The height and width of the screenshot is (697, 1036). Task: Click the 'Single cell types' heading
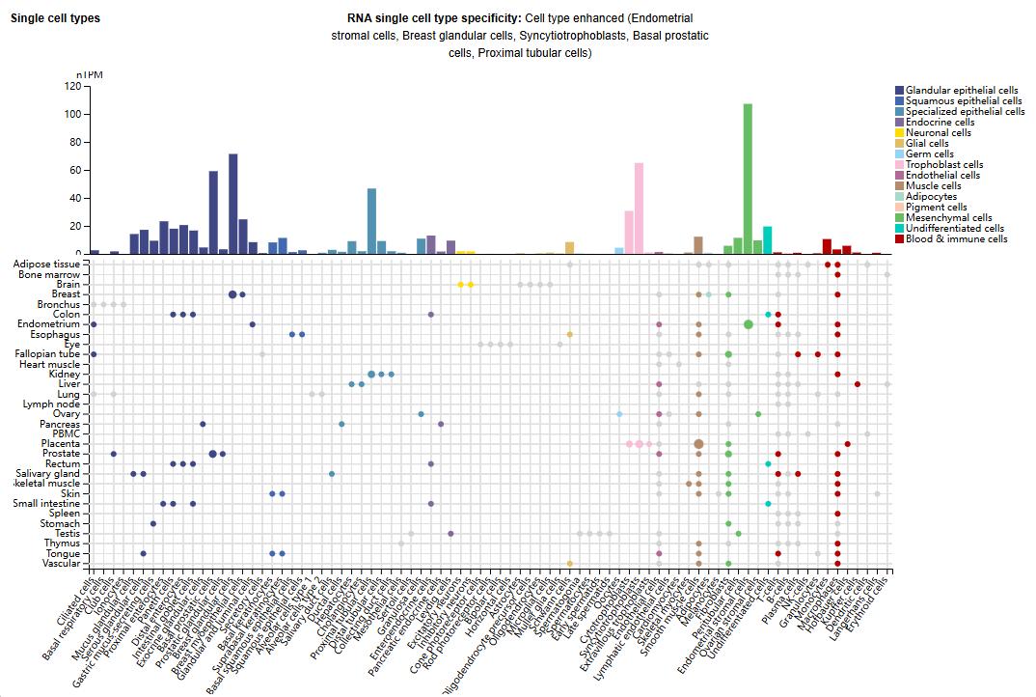55,18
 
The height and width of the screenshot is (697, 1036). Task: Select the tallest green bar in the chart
748,179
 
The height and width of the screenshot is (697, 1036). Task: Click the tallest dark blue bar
232,204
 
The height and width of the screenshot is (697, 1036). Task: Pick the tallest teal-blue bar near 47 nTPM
371,221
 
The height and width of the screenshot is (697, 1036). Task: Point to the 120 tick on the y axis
72,86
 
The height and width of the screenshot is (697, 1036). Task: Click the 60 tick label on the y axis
75,170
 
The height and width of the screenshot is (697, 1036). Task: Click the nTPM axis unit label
89,74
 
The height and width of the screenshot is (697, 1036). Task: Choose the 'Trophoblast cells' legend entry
943,164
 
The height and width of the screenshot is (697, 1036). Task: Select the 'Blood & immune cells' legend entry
956,238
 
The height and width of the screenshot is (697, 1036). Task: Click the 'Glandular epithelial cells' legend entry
961,90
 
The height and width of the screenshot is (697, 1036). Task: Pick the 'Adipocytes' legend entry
930,196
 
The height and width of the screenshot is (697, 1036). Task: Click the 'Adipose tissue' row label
46,264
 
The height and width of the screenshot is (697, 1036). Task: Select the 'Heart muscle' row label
51,364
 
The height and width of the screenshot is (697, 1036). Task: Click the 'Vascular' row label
61,564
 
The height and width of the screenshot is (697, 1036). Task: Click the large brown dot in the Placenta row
697,444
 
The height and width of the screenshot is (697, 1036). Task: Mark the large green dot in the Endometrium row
749,324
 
